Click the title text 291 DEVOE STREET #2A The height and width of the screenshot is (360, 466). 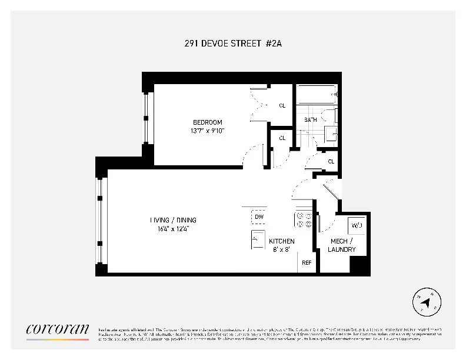tap(234, 44)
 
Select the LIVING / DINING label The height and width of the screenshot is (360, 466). tap(169, 221)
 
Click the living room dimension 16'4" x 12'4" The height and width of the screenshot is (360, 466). tap(169, 229)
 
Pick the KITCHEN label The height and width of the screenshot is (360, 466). tap(282, 241)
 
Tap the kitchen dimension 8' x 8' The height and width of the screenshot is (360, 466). tap(282, 249)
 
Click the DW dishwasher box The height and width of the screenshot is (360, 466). tap(259, 217)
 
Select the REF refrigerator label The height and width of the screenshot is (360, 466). tap(307, 262)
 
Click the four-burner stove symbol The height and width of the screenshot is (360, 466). tap(304, 219)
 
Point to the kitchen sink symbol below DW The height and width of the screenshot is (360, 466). tap(258, 239)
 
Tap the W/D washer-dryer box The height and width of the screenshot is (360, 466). tap(357, 225)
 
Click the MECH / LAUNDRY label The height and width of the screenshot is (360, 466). tap(342, 245)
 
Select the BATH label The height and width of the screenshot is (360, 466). tap(310, 120)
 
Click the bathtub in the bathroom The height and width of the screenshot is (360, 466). tap(317, 95)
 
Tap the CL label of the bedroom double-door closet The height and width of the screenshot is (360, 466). tap(282, 106)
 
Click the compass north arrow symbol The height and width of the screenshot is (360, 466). tap(428, 303)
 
